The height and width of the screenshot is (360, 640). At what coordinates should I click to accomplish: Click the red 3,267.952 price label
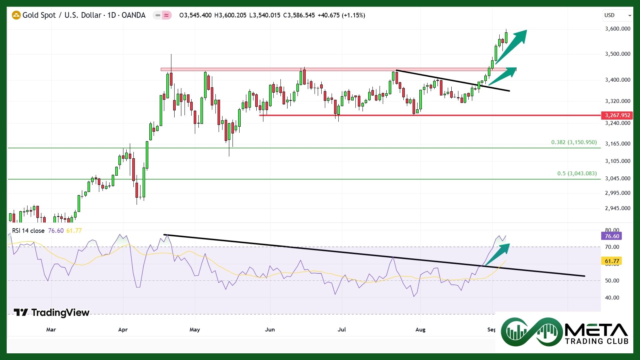[617, 115]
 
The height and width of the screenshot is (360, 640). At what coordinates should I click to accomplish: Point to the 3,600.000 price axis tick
[617, 29]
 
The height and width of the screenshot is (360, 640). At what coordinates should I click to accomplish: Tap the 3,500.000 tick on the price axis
[617, 54]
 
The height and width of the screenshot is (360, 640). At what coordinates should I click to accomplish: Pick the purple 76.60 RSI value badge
[612, 236]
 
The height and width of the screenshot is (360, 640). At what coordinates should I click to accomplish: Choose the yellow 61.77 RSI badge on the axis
[612, 261]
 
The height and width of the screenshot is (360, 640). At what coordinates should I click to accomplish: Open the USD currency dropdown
[617, 15]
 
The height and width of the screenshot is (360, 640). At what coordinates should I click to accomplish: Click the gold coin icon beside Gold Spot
[16, 15]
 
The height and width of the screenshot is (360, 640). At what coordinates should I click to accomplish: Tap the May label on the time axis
[195, 330]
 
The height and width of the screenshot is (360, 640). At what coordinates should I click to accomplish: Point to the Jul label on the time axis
[342, 330]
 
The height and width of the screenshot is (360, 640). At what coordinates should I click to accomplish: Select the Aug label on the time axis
[420, 330]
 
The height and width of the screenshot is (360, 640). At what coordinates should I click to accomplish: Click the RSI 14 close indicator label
[28, 231]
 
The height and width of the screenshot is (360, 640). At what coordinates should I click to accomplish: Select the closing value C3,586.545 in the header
[299, 15]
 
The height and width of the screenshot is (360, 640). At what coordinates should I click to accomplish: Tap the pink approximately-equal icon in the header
[166, 15]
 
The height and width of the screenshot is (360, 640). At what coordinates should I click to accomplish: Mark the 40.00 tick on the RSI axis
[612, 298]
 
